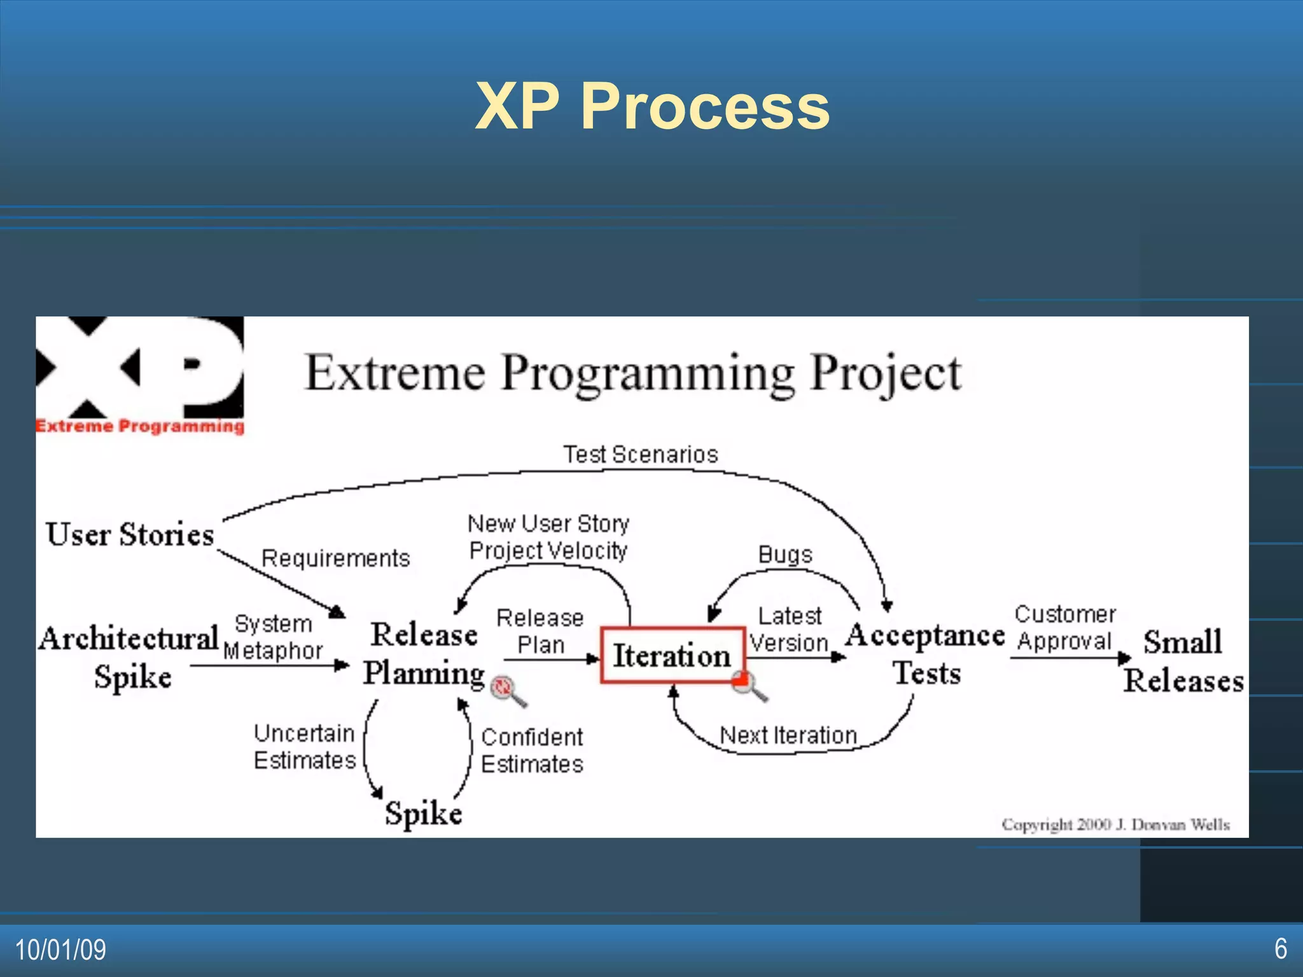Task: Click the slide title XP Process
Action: click(652, 106)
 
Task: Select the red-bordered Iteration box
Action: click(672, 655)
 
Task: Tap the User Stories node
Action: click(130, 534)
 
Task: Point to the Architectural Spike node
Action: click(130, 656)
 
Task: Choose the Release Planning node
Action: click(424, 654)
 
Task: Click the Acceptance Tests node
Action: click(926, 654)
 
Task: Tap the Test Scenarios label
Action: click(641, 454)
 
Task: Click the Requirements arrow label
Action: click(336, 558)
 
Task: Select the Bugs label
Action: click(785, 554)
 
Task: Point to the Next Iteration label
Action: click(788, 735)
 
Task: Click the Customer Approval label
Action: click(1064, 627)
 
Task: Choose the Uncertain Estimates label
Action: click(304, 747)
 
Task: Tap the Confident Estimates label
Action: click(532, 751)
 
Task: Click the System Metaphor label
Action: click(273, 637)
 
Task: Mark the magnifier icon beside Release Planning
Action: click(507, 689)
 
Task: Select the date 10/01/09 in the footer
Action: click(60, 950)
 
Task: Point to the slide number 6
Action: click(1280, 948)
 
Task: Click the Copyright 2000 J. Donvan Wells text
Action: click(1115, 824)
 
